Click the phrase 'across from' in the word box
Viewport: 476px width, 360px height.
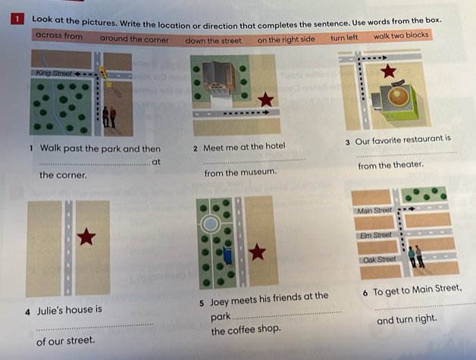pos(59,36)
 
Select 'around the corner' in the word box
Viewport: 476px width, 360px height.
pos(134,39)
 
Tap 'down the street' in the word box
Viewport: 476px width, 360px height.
pos(213,40)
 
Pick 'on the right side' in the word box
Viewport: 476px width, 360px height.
pos(286,39)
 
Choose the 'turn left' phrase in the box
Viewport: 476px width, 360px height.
pos(344,38)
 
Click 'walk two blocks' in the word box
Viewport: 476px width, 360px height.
pos(401,36)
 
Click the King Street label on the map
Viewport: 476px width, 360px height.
pos(54,74)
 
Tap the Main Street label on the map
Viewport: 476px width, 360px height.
pos(374,211)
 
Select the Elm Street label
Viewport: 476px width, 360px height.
pos(375,235)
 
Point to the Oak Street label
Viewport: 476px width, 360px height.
pos(380,260)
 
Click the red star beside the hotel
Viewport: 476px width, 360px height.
pos(265,99)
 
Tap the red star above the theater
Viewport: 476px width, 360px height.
pos(388,71)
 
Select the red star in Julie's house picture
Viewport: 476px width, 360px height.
pos(86,236)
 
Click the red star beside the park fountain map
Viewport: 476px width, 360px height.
pos(257,252)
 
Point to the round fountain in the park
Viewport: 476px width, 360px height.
pos(211,224)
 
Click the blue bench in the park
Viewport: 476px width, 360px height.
pos(227,255)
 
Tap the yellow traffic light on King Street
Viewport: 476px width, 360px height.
pos(103,74)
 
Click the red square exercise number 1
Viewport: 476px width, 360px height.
pos(17,19)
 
